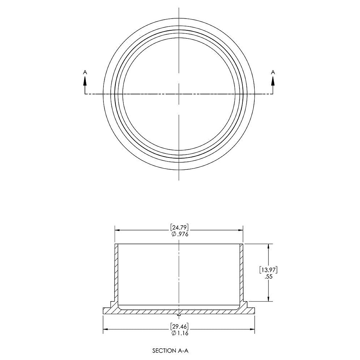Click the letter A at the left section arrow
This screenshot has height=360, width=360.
point(85,72)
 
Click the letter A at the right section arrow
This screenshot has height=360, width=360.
point(273,72)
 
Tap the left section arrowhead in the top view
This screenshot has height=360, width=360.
point(85,81)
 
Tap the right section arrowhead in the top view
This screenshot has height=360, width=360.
point(273,81)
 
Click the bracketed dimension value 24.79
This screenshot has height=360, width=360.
point(179,228)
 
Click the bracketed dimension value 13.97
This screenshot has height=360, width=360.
point(268,270)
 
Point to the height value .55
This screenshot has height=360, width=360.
point(268,277)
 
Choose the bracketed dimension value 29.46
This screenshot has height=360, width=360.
point(179,326)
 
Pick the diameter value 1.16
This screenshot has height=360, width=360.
point(182,333)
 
